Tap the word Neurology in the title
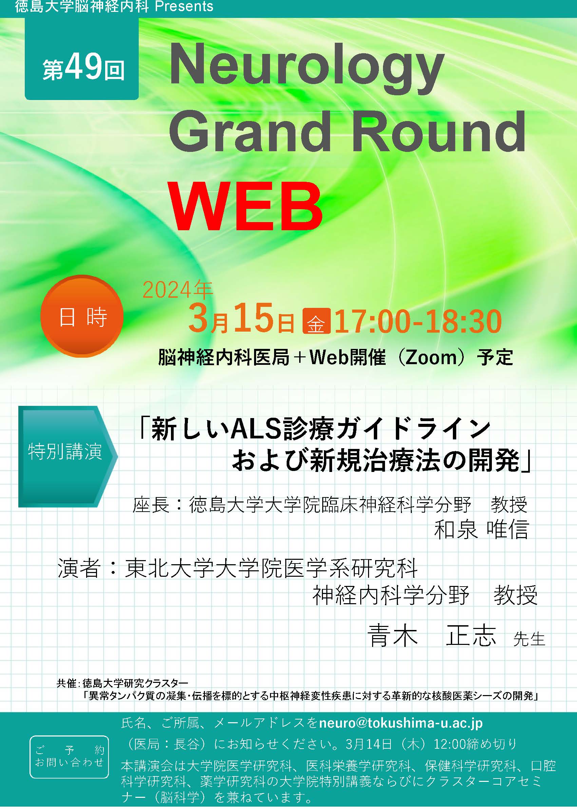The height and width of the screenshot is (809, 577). tap(307, 69)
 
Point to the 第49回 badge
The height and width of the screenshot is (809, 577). tap(82, 59)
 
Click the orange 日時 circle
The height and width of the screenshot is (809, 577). tap(82, 316)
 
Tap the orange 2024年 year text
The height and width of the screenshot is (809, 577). tap(178, 290)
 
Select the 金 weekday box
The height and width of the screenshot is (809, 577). tap(316, 321)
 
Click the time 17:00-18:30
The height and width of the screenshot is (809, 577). tap(418, 321)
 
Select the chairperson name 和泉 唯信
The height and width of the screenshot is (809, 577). tap(481, 530)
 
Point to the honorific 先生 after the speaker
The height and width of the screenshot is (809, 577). tap(529, 639)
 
